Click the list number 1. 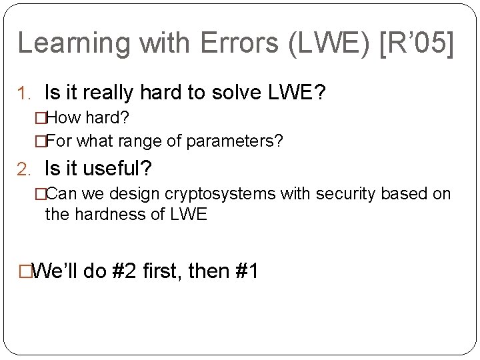tap(28, 94)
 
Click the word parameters tap(233, 141)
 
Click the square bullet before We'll tap(25, 272)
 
